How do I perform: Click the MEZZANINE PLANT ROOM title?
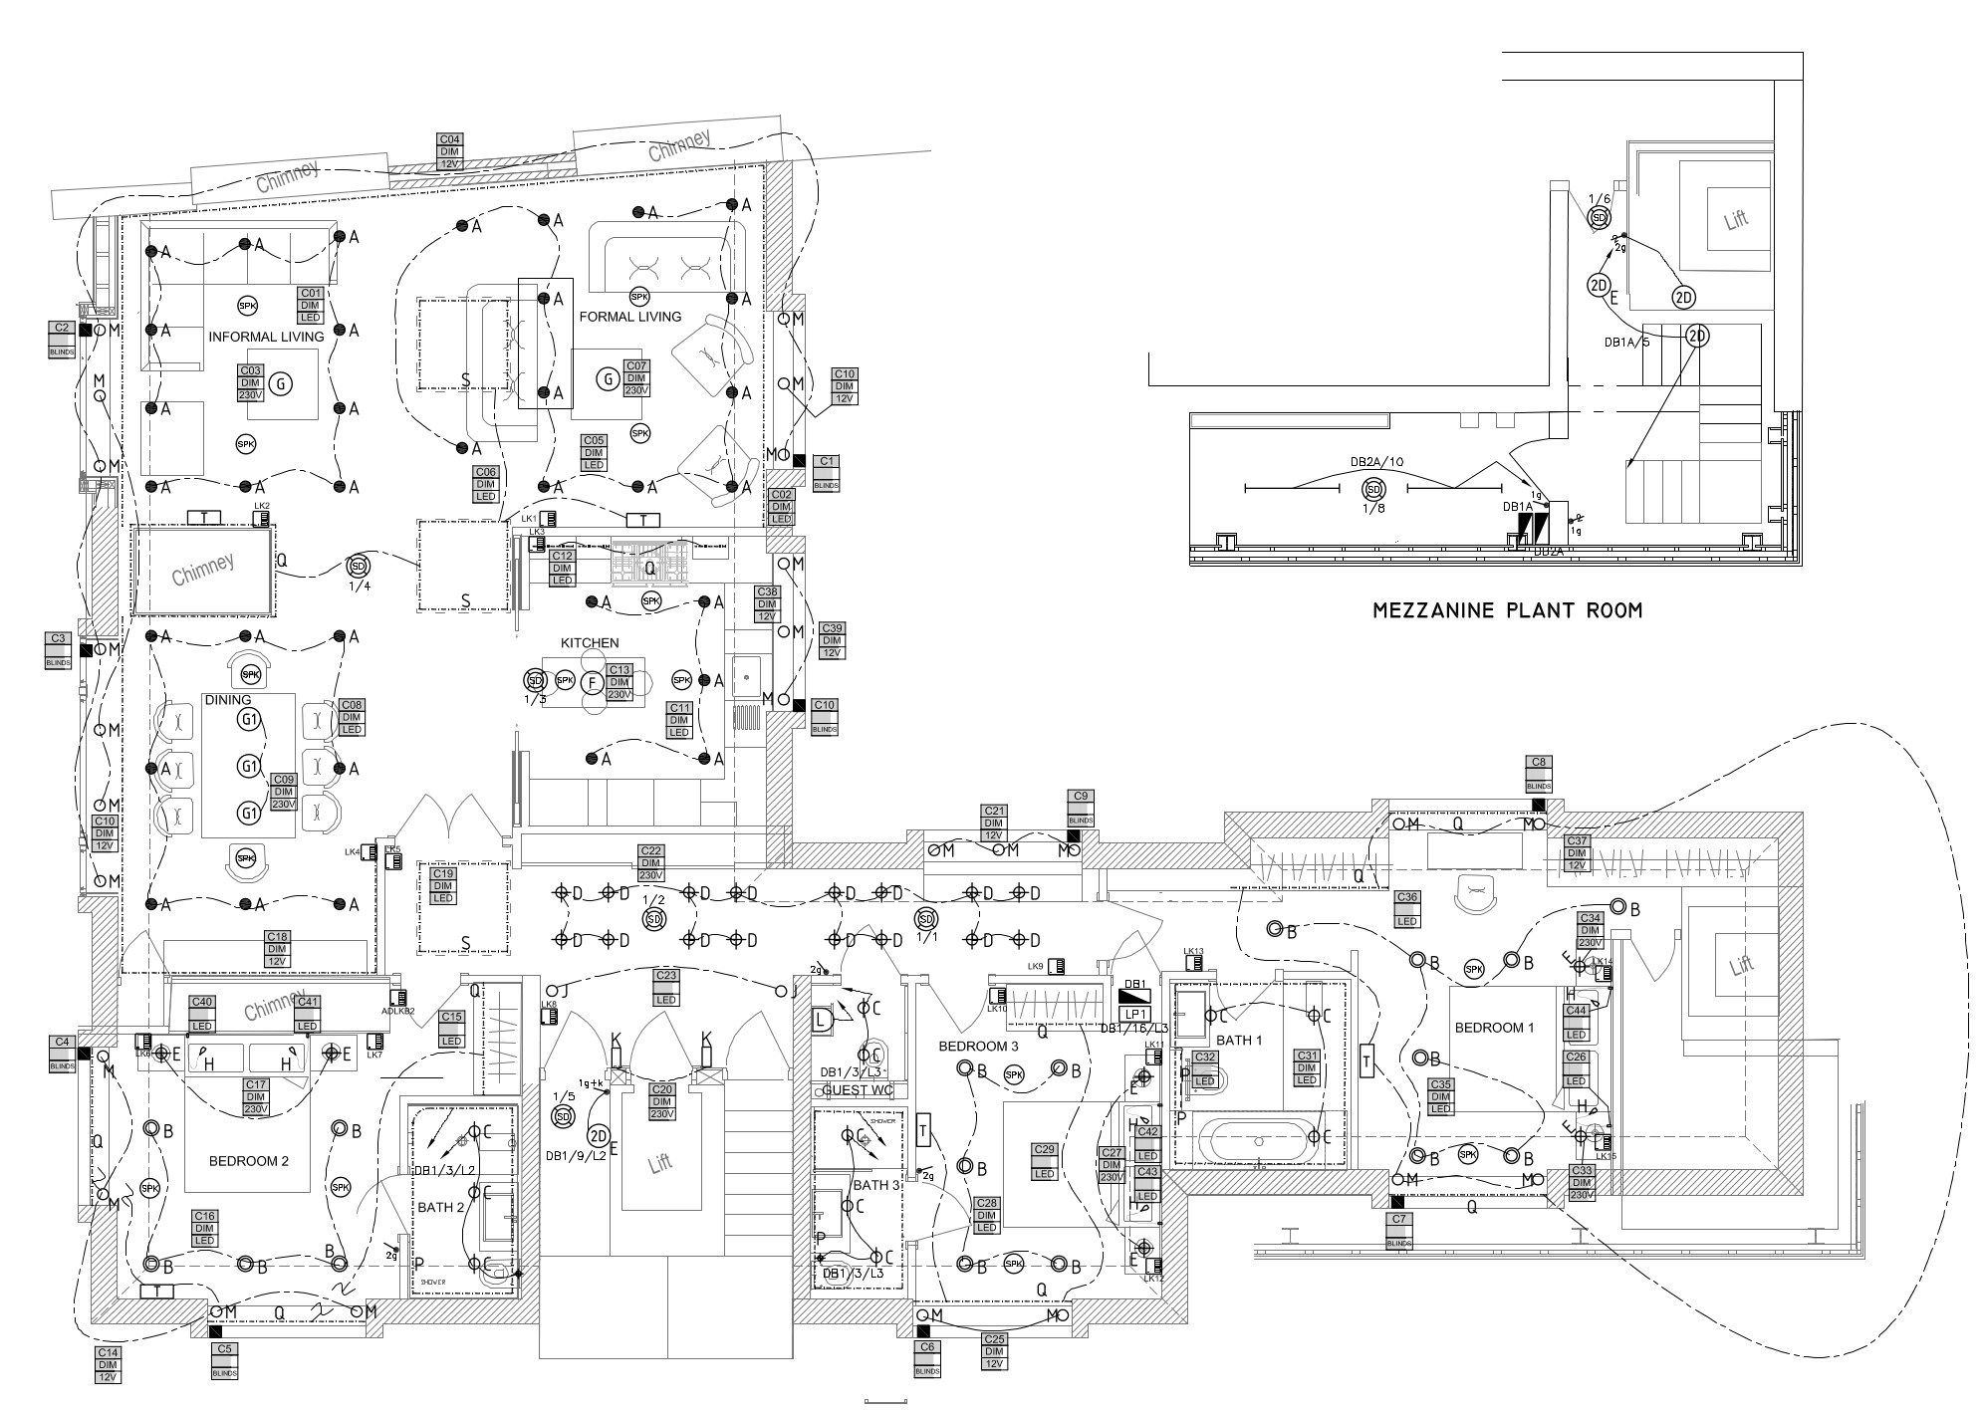pyautogui.click(x=1507, y=610)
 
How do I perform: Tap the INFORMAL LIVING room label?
pyautogui.click(x=266, y=337)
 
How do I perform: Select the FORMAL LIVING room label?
pyautogui.click(x=629, y=317)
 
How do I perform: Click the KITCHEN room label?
pyautogui.click(x=589, y=643)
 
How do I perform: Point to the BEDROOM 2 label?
pyautogui.click(x=249, y=1161)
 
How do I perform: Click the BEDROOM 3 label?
pyautogui.click(x=978, y=1047)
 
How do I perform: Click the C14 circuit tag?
pyautogui.click(x=108, y=1365)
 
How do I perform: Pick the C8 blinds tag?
pyautogui.click(x=1538, y=775)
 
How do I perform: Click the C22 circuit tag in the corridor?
pyautogui.click(x=651, y=862)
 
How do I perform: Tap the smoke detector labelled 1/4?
pyautogui.click(x=358, y=567)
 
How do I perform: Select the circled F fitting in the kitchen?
pyautogui.click(x=593, y=683)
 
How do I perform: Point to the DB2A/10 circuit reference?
pyautogui.click(x=1376, y=462)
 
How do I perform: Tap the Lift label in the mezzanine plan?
pyautogui.click(x=1736, y=220)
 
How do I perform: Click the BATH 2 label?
pyautogui.click(x=441, y=1208)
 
